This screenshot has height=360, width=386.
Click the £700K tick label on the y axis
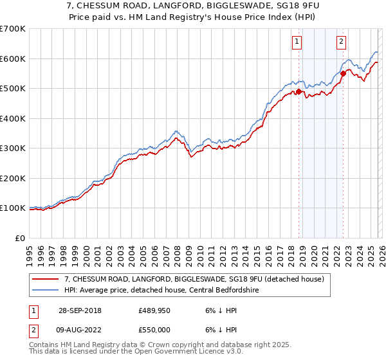(x=13, y=29)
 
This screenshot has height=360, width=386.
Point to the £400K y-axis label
(x=13, y=118)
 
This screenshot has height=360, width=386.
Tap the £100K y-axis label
(x=13, y=208)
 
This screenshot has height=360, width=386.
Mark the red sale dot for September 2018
(x=299, y=91)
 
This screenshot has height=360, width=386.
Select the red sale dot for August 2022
(x=343, y=73)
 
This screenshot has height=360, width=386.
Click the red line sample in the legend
(x=46, y=278)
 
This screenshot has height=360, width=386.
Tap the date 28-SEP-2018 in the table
(x=80, y=310)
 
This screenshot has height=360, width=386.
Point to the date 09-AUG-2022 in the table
(x=80, y=328)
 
